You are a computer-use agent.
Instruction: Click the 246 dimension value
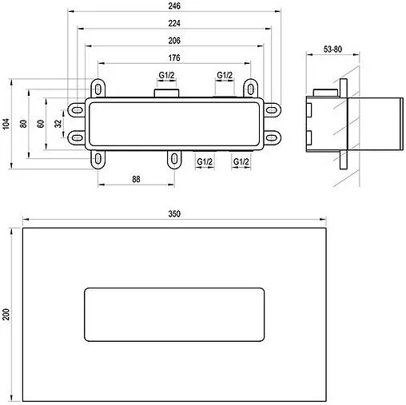pyautogui.click(x=175, y=6)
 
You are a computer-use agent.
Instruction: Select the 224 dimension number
pyautogui.click(x=175, y=23)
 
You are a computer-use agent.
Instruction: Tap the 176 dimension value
pyautogui.click(x=175, y=57)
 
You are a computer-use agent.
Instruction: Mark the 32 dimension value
pyautogui.click(x=57, y=123)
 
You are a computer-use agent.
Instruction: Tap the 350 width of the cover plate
pyautogui.click(x=175, y=213)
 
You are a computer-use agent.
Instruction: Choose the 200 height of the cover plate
pyautogui.click(x=6, y=312)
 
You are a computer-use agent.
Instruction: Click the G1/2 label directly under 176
pyautogui.click(x=166, y=75)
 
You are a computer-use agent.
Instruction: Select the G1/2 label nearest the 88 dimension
pyautogui.click(x=205, y=161)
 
